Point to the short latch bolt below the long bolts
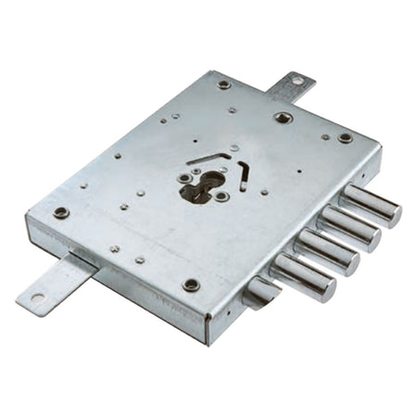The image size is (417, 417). (x=260, y=294)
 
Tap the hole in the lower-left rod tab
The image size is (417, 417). (x=36, y=299)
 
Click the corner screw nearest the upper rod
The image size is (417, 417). (x=224, y=84)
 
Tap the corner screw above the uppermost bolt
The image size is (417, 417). (x=345, y=137)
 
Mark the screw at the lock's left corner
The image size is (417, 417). (x=61, y=212)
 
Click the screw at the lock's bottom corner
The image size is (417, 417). (x=191, y=285)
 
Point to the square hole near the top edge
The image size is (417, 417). (x=282, y=118)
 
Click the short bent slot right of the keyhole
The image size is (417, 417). (x=243, y=171)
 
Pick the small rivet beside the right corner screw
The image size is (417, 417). (x=325, y=137)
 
